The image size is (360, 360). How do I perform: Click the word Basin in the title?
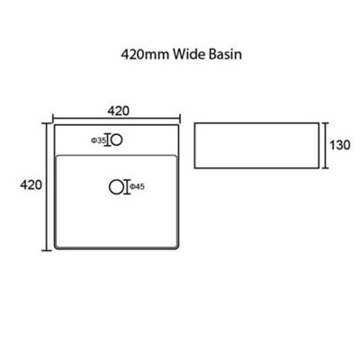coord(225,55)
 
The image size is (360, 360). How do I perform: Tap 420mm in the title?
coord(145,55)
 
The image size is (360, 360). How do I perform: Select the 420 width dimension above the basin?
coord(119,111)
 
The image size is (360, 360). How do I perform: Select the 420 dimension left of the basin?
coord(31,184)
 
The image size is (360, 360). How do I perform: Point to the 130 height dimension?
coord(339,145)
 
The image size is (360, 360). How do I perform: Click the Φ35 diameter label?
coord(98,140)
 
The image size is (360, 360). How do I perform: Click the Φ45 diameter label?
coord(137,187)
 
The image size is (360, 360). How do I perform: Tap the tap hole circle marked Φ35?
coord(117,140)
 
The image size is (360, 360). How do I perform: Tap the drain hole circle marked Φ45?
coord(116,187)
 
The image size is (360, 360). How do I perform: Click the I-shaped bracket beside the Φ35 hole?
coord(108,140)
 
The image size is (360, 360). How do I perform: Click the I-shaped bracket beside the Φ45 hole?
coord(127,187)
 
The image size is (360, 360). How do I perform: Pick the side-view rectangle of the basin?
coord(256,146)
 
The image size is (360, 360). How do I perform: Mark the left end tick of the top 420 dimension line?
coord(53,118)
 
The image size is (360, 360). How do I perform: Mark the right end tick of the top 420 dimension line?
coord(180,118)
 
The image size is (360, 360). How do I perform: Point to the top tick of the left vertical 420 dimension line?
coord(46,123)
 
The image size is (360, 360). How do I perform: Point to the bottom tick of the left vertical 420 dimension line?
coord(46,250)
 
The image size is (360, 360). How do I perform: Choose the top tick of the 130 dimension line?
coord(326,122)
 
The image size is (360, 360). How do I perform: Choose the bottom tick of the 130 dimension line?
coord(326,168)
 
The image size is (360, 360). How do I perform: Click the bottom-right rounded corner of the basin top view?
coord(177,247)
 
